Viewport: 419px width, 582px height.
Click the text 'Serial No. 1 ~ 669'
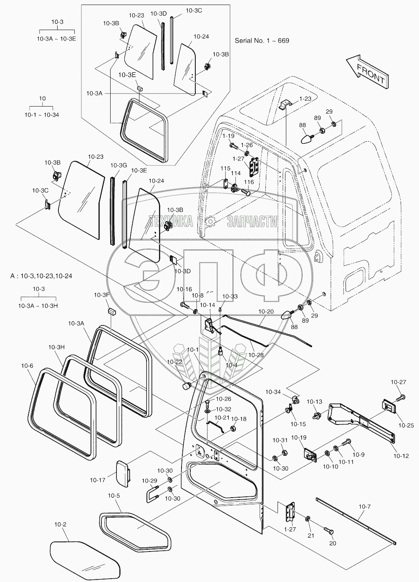click(262, 41)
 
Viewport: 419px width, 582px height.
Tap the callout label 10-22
click(175, 361)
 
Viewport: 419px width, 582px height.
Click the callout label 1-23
click(305, 99)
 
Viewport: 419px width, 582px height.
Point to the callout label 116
click(249, 182)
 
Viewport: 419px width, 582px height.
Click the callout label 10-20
click(266, 312)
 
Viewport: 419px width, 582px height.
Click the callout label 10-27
click(398, 381)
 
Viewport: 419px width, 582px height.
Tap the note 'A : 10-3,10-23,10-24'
click(41, 276)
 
